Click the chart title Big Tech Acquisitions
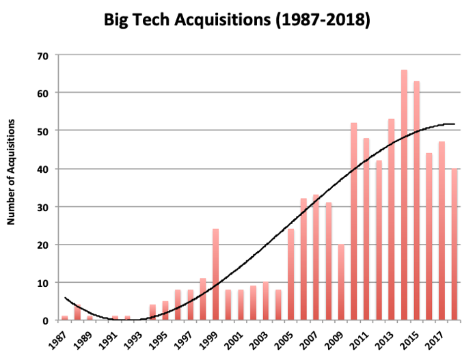[x=237, y=20]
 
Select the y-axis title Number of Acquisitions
[x=12, y=171]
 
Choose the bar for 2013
[x=392, y=219]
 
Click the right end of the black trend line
[x=454, y=124]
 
